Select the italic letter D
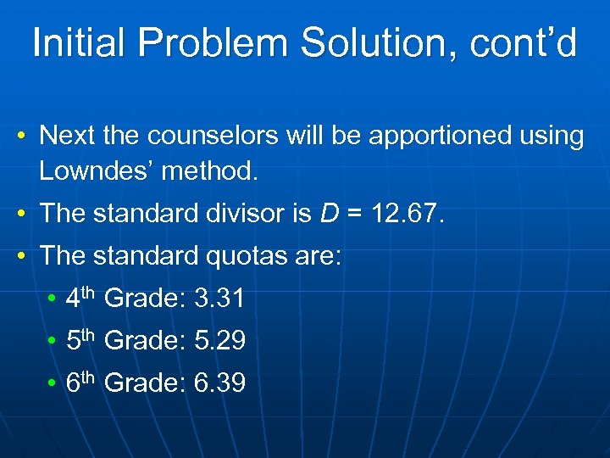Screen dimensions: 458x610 point(329,214)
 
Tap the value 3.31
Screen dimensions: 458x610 point(219,299)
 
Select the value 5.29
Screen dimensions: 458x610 point(219,341)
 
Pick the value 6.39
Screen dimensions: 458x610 point(219,383)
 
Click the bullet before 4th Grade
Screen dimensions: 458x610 point(52,299)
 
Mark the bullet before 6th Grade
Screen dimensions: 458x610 point(52,384)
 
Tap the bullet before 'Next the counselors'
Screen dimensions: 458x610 point(27,137)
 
